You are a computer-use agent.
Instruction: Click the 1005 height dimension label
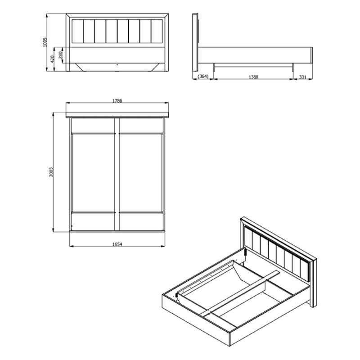[x=45, y=42]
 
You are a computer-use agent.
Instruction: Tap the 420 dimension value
[x=53, y=59]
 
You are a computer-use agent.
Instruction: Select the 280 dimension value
[x=61, y=55]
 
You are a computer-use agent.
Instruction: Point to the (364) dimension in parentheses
[x=203, y=76]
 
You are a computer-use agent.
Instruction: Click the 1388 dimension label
[x=253, y=77]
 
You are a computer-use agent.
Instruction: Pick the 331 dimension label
[x=303, y=77]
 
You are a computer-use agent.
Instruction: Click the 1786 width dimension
[x=117, y=101]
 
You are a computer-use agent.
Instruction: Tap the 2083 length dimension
[x=51, y=172]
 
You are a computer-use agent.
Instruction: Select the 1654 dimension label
[x=117, y=244]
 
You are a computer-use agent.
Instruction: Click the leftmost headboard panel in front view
[x=77, y=31]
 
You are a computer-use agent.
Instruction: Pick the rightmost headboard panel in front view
[x=157, y=31]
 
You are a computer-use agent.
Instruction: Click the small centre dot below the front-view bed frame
[x=117, y=65]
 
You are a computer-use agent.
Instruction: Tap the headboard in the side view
[x=195, y=42]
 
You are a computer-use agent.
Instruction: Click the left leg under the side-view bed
[x=214, y=67]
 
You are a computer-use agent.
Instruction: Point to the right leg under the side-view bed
[x=293, y=67]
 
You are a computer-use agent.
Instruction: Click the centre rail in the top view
[x=117, y=174]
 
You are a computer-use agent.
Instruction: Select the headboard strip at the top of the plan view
[x=117, y=115]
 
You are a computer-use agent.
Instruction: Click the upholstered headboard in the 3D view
[x=277, y=253]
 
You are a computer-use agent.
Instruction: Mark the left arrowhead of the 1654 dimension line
[x=72, y=246]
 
